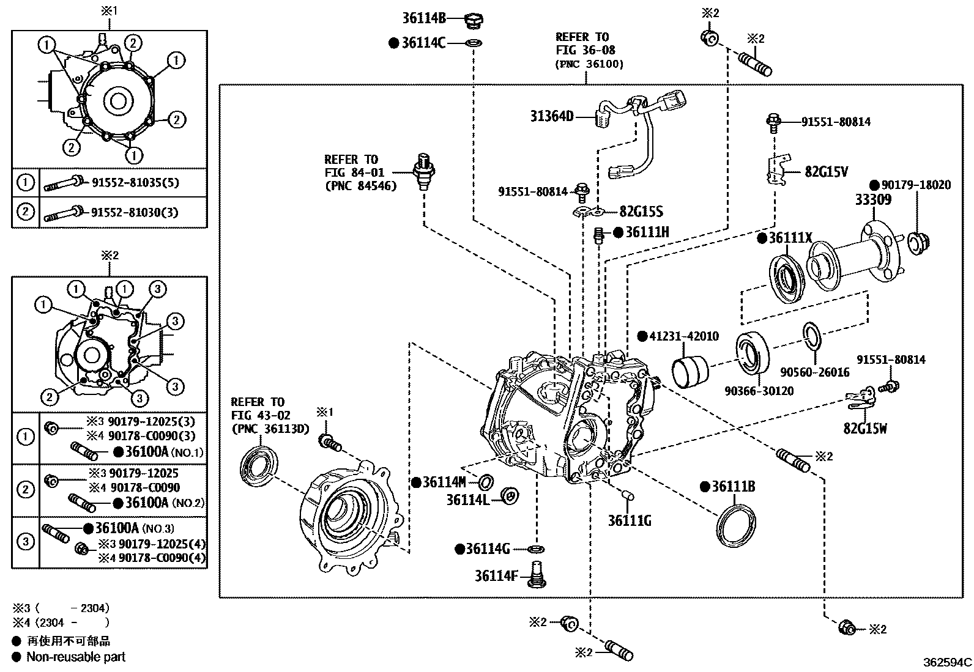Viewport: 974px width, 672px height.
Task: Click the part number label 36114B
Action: tap(424, 18)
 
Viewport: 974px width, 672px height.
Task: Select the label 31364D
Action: tap(552, 116)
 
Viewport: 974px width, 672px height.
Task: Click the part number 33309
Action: tap(873, 200)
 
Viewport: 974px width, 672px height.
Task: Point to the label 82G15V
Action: tap(827, 172)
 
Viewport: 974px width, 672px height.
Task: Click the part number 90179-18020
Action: tap(915, 185)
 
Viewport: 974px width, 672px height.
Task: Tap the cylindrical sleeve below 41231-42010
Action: tap(690, 370)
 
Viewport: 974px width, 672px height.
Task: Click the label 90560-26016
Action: tap(814, 372)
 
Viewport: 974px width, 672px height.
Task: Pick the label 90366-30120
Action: tap(759, 390)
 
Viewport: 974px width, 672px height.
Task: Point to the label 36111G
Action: tap(630, 520)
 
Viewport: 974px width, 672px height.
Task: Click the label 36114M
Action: tap(445, 482)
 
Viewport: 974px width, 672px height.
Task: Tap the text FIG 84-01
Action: tap(355, 173)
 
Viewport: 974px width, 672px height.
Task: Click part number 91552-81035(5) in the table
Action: tap(135, 182)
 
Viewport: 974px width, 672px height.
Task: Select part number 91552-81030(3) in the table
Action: tap(135, 212)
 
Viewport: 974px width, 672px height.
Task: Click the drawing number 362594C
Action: tap(947, 662)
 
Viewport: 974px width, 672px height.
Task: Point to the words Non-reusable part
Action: tap(76, 657)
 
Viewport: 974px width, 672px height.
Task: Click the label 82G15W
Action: tap(865, 428)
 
